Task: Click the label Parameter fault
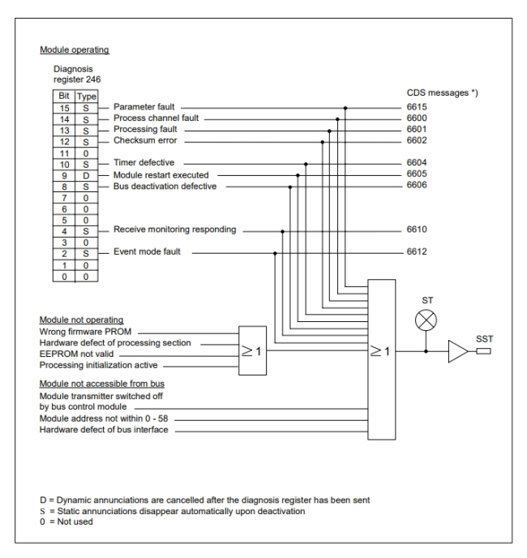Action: tap(144, 106)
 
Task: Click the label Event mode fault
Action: tap(146, 253)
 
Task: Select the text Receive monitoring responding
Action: tap(175, 230)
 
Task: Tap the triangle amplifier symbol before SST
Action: tap(457, 352)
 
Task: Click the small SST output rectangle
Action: tap(484, 352)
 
